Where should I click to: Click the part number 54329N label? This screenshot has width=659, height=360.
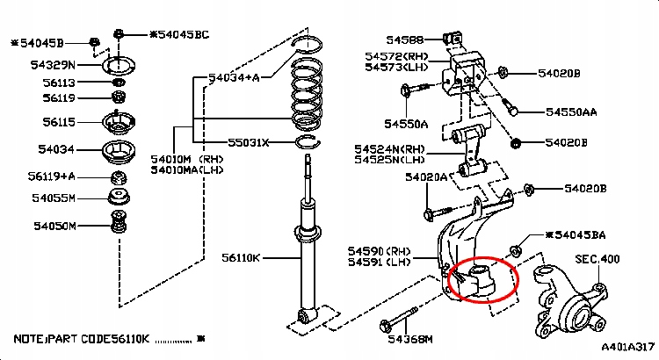click(53, 65)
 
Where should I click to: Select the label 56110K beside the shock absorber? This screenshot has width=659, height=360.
click(242, 257)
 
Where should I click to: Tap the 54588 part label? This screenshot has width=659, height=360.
click(405, 40)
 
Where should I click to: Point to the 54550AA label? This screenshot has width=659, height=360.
click(571, 112)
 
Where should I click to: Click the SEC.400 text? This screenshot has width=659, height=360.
click(597, 259)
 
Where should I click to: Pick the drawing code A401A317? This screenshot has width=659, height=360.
click(628, 347)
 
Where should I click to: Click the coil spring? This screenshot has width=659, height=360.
click(308, 94)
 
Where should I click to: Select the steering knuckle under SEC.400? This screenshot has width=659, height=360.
click(571, 301)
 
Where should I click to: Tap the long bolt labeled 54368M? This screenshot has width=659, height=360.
click(398, 320)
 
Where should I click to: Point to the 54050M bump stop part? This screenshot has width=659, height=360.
click(119, 222)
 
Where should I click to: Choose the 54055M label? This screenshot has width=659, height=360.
click(54, 198)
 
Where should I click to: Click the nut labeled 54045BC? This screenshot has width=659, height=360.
click(119, 34)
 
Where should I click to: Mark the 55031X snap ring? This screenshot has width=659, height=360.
click(308, 142)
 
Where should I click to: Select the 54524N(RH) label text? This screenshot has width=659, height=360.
click(389, 149)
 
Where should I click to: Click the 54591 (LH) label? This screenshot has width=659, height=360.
click(379, 263)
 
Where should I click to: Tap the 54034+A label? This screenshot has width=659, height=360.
click(234, 77)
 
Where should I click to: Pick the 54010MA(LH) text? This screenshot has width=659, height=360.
click(187, 170)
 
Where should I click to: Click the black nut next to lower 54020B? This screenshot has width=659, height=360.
click(515, 143)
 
